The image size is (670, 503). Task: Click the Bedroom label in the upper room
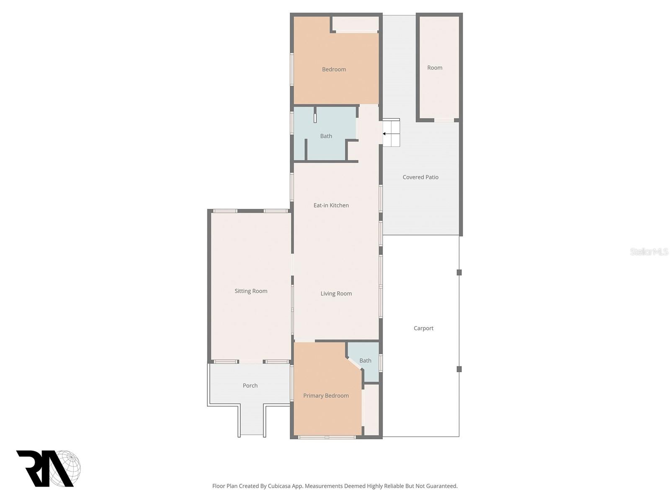pos(334,70)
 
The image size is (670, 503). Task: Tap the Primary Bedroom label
pos(326,396)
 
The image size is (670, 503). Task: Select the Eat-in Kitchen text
pos(331,205)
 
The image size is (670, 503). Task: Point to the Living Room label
pos(336,294)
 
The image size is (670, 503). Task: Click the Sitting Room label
pos(251,291)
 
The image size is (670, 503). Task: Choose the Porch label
pos(250,386)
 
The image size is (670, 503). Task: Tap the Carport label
pos(423,328)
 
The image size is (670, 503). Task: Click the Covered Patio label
pos(420,177)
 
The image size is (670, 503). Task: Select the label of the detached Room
pos(435,68)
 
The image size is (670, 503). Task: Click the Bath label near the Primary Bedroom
pos(365,360)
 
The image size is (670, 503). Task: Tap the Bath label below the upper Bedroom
pos(326,136)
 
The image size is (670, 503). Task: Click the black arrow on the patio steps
pos(385,134)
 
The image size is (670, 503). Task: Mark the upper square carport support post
pos(459,272)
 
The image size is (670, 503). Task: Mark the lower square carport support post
pos(459,369)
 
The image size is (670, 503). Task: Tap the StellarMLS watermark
pos(649,252)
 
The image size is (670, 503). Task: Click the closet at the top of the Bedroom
pos(356,23)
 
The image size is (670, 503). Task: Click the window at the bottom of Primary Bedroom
pos(327,437)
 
